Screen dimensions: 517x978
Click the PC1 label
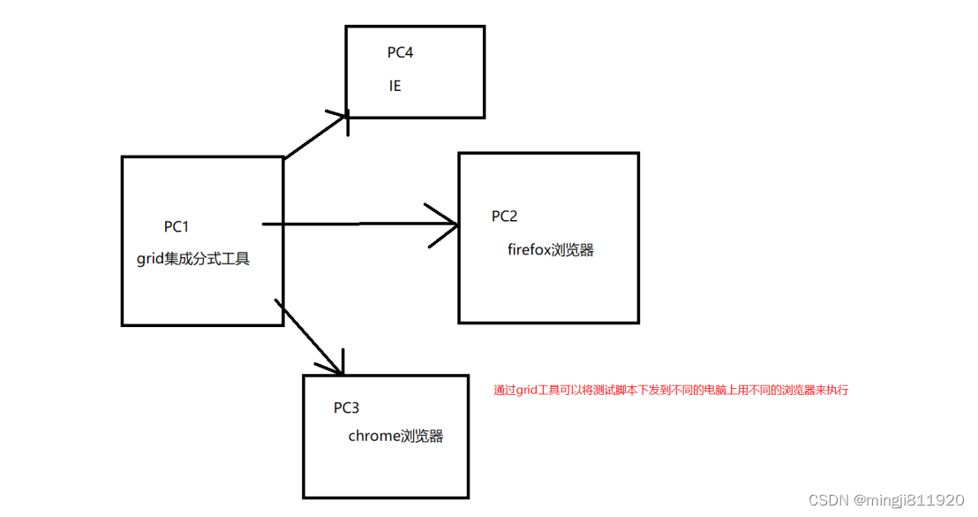(x=177, y=227)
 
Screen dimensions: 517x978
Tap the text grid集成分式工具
(x=193, y=259)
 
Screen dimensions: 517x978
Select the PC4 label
(x=400, y=52)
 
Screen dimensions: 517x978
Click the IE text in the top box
(x=395, y=87)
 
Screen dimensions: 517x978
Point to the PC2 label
(x=504, y=217)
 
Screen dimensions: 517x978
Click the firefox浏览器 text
(x=550, y=250)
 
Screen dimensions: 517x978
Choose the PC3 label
(x=346, y=408)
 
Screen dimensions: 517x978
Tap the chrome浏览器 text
(x=395, y=436)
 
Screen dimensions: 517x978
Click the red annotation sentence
(x=670, y=390)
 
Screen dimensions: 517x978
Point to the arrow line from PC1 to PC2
(x=353, y=224)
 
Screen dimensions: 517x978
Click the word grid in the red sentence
(x=527, y=390)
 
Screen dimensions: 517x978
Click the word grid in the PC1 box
(x=149, y=259)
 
